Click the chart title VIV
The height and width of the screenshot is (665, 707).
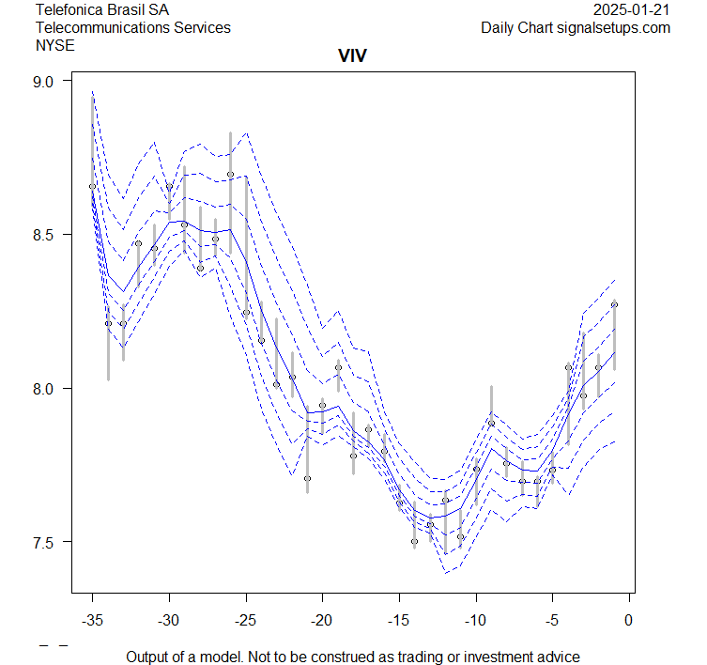(352, 56)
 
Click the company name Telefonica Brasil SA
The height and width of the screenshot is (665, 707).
(102, 10)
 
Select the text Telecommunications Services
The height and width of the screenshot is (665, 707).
(132, 27)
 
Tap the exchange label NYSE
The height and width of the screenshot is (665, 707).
(55, 44)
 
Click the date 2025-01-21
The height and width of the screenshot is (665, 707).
(632, 10)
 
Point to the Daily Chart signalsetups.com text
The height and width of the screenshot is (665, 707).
(576, 27)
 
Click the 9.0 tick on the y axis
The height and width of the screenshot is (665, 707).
(44, 82)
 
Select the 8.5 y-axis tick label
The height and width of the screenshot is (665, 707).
(44, 235)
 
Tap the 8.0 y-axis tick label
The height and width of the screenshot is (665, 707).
(44, 389)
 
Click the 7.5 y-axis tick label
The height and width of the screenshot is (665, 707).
(44, 542)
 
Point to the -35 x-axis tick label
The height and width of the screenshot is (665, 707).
(92, 620)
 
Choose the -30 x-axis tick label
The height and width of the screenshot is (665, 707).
(169, 620)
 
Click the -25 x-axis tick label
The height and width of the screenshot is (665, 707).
(245, 620)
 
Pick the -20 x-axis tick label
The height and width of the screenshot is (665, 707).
(322, 620)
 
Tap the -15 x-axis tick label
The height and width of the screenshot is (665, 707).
(399, 620)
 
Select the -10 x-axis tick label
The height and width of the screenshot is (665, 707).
(475, 620)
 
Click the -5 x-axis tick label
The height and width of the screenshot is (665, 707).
(552, 620)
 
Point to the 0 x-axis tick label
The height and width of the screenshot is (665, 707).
(629, 620)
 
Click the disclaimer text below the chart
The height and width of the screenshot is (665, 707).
(353, 657)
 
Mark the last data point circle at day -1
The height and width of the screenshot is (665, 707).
(614, 304)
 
